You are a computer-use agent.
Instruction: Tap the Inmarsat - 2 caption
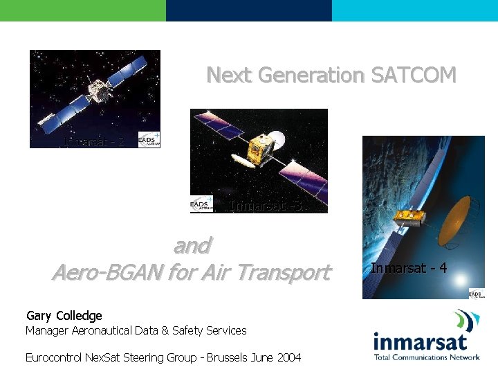(x=94, y=142)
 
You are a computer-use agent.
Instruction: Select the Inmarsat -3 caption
(x=266, y=206)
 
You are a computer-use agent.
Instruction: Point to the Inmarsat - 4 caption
(x=409, y=268)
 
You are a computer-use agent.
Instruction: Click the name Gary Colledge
(x=64, y=316)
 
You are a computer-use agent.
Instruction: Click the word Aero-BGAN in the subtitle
(x=105, y=272)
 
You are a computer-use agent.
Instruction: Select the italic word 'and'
(x=192, y=245)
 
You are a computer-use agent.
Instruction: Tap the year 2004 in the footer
(x=289, y=357)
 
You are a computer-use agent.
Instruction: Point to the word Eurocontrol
(x=53, y=357)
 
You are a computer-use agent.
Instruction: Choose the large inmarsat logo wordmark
(x=420, y=341)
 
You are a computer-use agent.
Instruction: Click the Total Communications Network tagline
(x=426, y=357)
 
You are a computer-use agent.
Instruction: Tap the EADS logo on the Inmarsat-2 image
(x=149, y=139)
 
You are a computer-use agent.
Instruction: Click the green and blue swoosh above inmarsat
(x=466, y=320)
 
